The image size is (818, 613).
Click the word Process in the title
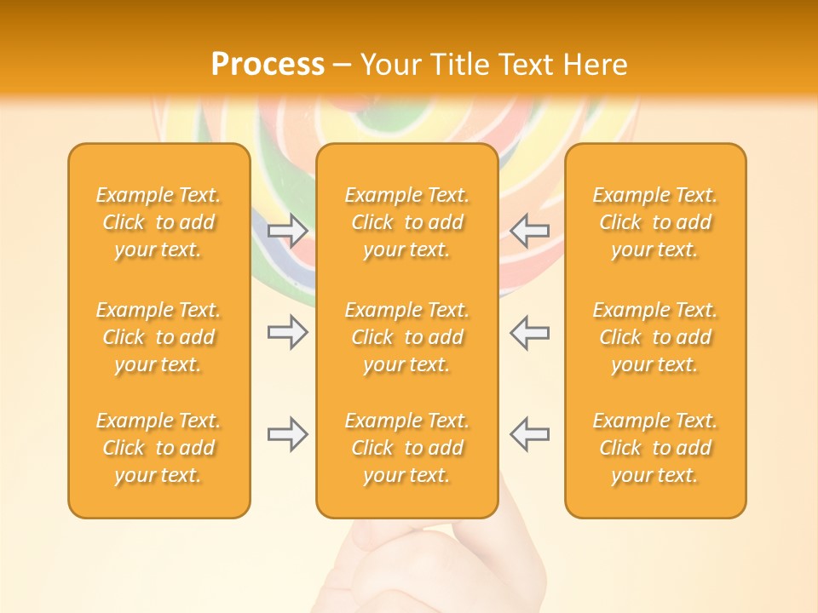click(268, 65)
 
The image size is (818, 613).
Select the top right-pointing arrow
click(287, 229)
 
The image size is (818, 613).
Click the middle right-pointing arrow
click(287, 332)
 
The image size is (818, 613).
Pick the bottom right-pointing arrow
click(287, 434)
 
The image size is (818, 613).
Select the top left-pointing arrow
click(529, 229)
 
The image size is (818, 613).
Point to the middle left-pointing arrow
click(529, 332)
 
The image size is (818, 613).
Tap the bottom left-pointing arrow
click(529, 434)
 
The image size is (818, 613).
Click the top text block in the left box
click(158, 222)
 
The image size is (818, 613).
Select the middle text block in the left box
click(158, 337)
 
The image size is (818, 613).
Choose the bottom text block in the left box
click(158, 448)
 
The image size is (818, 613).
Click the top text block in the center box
click(406, 222)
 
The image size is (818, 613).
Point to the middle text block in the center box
click(406, 337)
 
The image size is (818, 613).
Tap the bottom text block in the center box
click(406, 448)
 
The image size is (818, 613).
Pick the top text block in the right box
click(654, 222)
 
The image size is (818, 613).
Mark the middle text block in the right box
click(654, 337)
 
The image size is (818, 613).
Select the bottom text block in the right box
click(654, 448)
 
